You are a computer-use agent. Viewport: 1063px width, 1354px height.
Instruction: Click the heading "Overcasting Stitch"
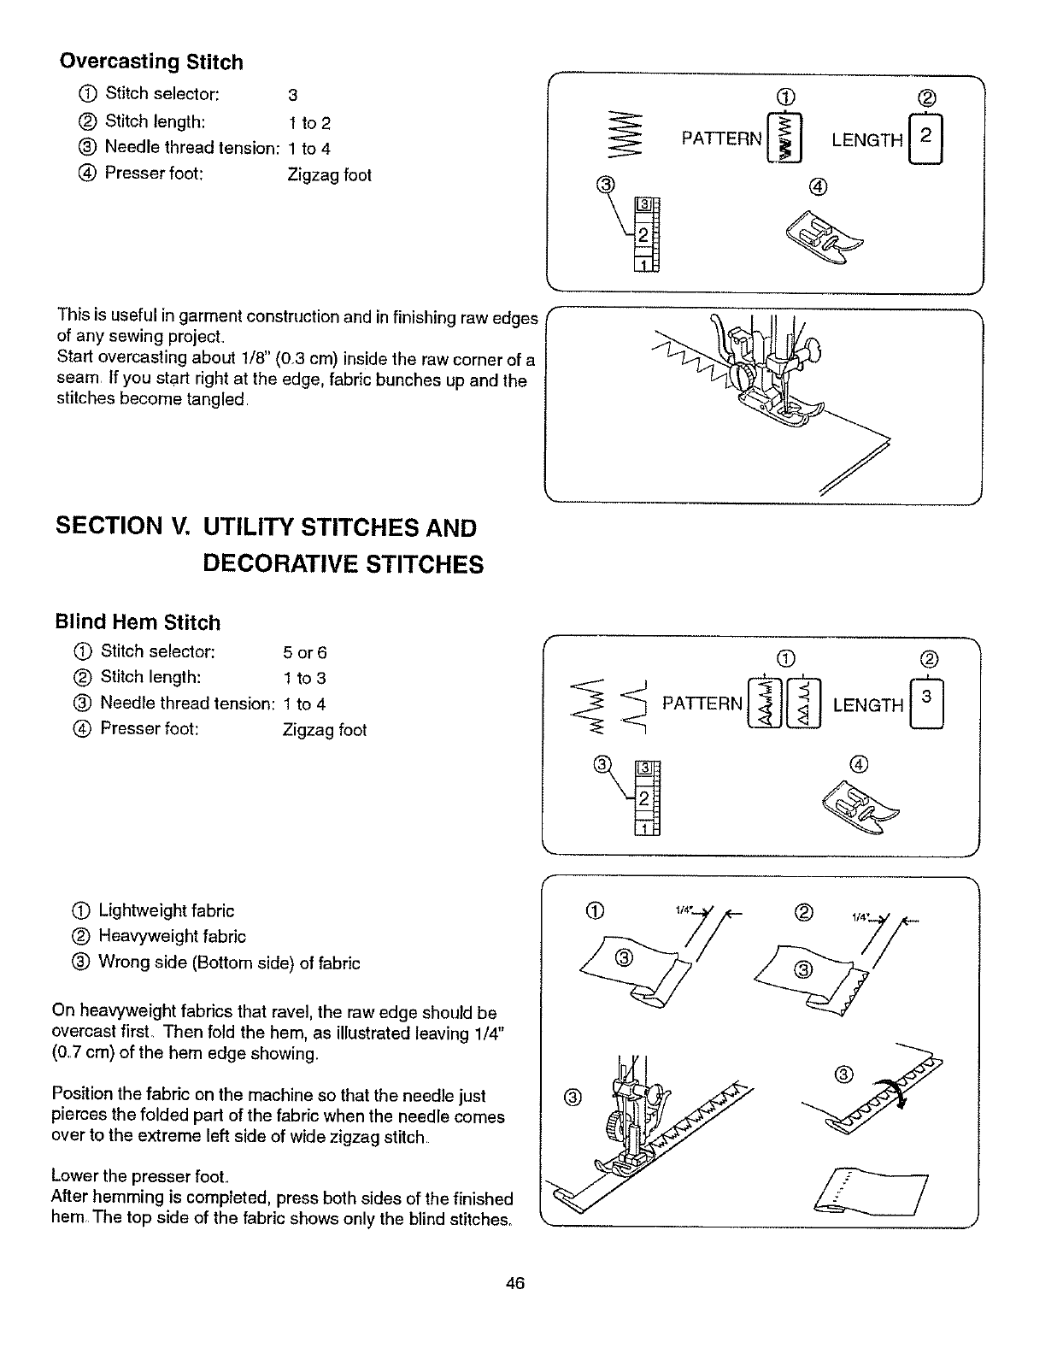tap(150, 62)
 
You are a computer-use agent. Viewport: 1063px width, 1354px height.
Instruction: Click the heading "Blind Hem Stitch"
tap(138, 622)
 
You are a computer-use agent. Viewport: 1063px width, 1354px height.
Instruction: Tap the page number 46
tap(514, 1283)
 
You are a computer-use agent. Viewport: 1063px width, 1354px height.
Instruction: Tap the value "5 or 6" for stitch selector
tap(304, 653)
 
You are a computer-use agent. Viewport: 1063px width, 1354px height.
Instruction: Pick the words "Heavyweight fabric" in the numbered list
tap(172, 937)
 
